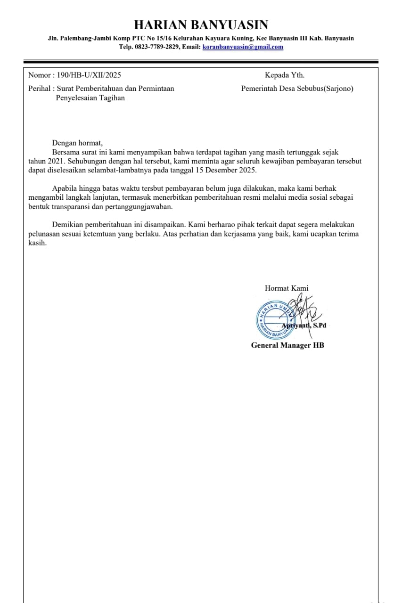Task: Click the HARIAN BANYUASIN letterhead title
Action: (x=201, y=24)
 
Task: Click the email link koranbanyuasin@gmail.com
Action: (x=243, y=47)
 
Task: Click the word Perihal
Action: (x=39, y=88)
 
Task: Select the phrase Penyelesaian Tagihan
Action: (x=90, y=98)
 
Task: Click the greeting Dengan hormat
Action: (x=77, y=143)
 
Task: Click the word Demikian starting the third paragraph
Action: (x=68, y=225)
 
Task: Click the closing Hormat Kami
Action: (x=287, y=288)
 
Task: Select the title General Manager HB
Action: (x=287, y=345)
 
